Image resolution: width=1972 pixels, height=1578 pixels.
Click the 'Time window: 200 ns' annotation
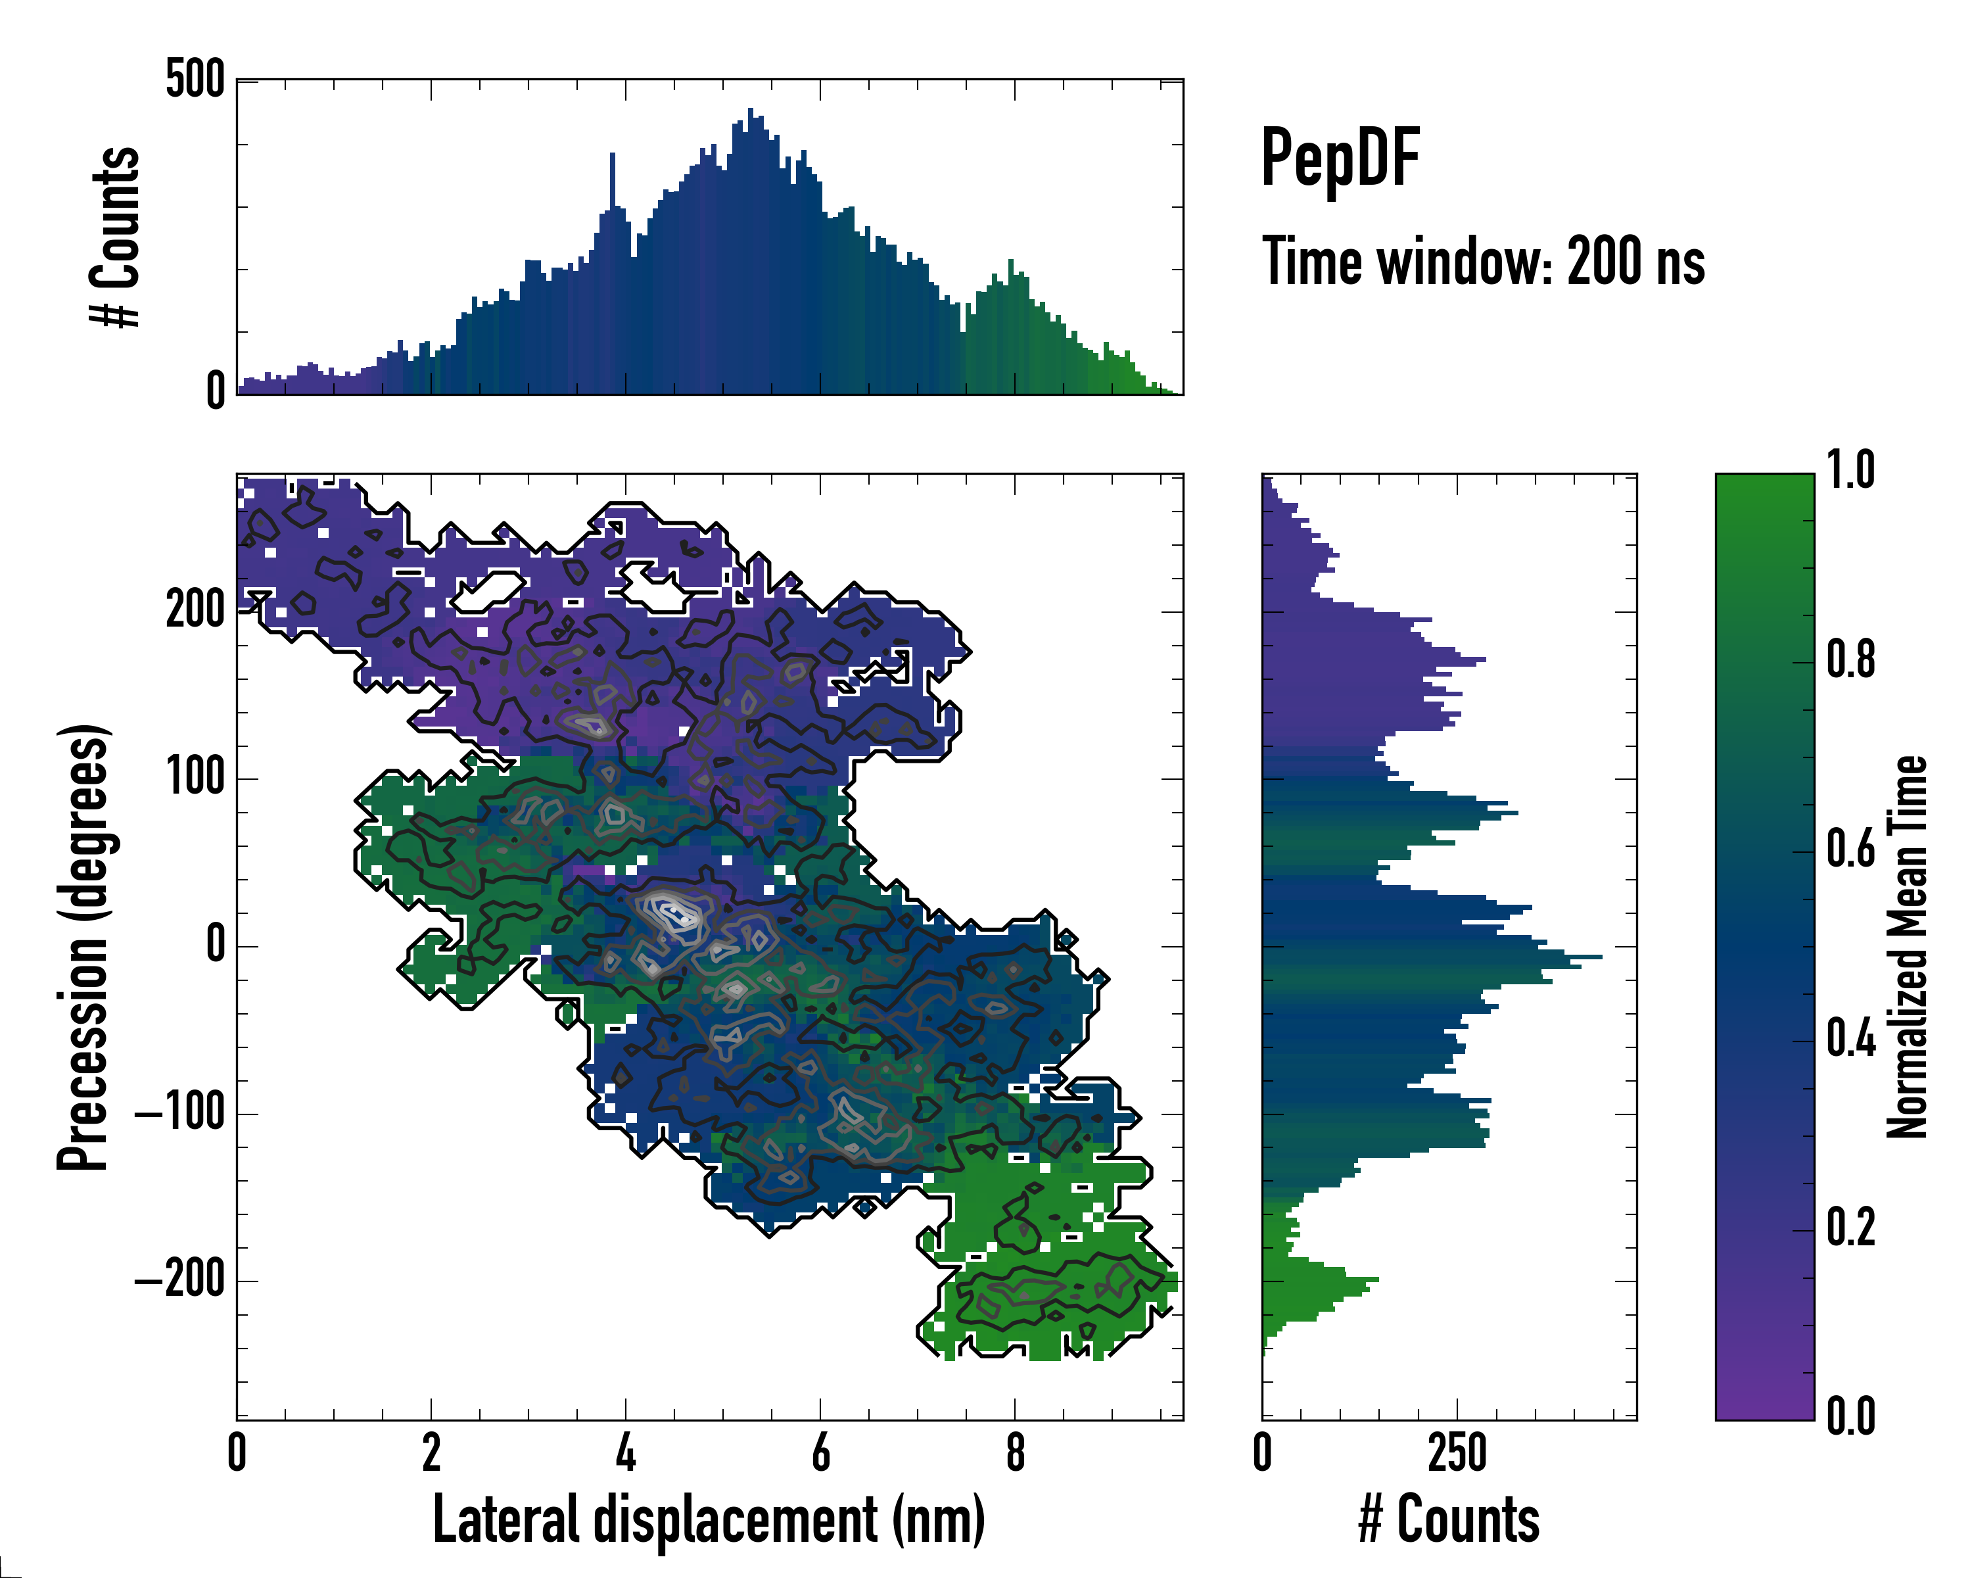tap(1483, 262)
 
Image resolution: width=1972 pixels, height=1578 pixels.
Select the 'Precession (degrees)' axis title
tap(83, 947)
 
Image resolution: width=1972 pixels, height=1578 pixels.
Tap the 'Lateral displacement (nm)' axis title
tap(709, 1519)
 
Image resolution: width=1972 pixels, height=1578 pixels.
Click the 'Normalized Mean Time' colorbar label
tap(1907, 947)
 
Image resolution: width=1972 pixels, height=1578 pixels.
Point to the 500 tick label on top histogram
tap(195, 80)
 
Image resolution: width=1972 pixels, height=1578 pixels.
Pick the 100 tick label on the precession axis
tap(195, 778)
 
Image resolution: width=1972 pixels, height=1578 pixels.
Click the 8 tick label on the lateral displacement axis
tap(1014, 1454)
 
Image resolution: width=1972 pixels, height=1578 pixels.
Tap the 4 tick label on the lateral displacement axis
tap(626, 1454)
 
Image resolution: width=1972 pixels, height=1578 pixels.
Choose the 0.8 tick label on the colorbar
tap(1850, 661)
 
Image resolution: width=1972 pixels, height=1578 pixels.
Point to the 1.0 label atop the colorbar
tap(1850, 471)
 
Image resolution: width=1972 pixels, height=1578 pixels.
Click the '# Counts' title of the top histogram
tap(115, 237)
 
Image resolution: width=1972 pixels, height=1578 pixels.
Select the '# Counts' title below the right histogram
tap(1449, 1519)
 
